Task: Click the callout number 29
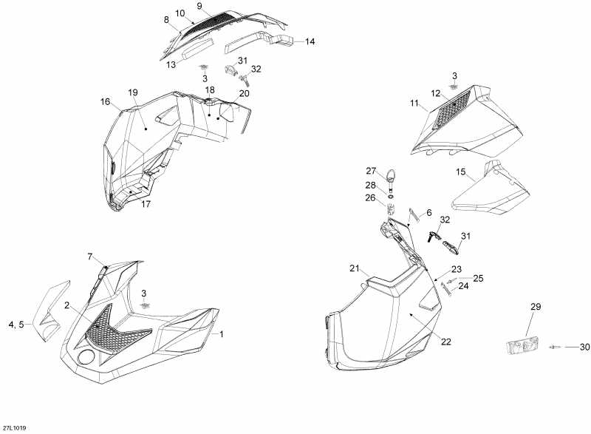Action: (536, 307)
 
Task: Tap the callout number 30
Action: (584, 347)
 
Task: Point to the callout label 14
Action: (310, 41)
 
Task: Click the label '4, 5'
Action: (16, 325)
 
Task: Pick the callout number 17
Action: (146, 204)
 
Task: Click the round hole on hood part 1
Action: (86, 356)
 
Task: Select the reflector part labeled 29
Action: (522, 347)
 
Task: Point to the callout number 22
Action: (446, 342)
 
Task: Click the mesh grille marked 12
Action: (451, 109)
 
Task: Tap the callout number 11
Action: (414, 103)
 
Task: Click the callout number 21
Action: (355, 268)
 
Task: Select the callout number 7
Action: (89, 257)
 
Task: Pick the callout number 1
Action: (222, 334)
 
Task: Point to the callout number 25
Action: (478, 278)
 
